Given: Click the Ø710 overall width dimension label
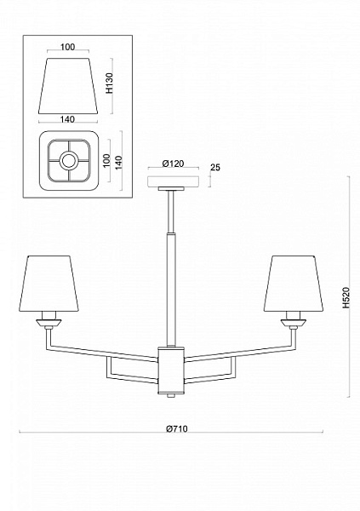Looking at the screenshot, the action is [177, 428].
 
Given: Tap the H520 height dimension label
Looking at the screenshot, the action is [346, 297].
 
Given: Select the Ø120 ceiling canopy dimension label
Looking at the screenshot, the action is [173, 164].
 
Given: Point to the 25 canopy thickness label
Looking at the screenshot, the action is [215, 167].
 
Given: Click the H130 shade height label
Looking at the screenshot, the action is [110, 83].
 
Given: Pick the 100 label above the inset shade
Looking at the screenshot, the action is [68, 47].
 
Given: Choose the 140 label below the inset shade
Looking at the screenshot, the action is [67, 119].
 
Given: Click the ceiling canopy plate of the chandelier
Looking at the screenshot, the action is [174, 181].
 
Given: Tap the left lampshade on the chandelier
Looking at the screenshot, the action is [49, 284].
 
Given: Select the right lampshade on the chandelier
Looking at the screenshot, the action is [294, 284].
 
